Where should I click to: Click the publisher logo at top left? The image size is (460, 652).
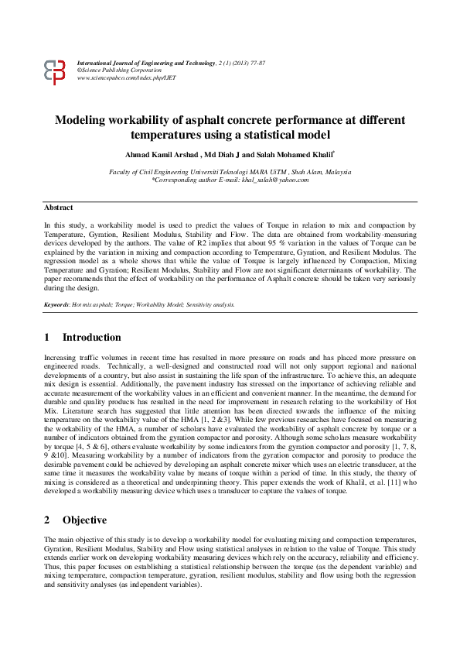(54, 71)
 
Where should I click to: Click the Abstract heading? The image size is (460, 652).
(59, 208)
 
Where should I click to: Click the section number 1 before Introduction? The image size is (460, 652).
(47, 338)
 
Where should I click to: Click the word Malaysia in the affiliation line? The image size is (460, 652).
(338, 171)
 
